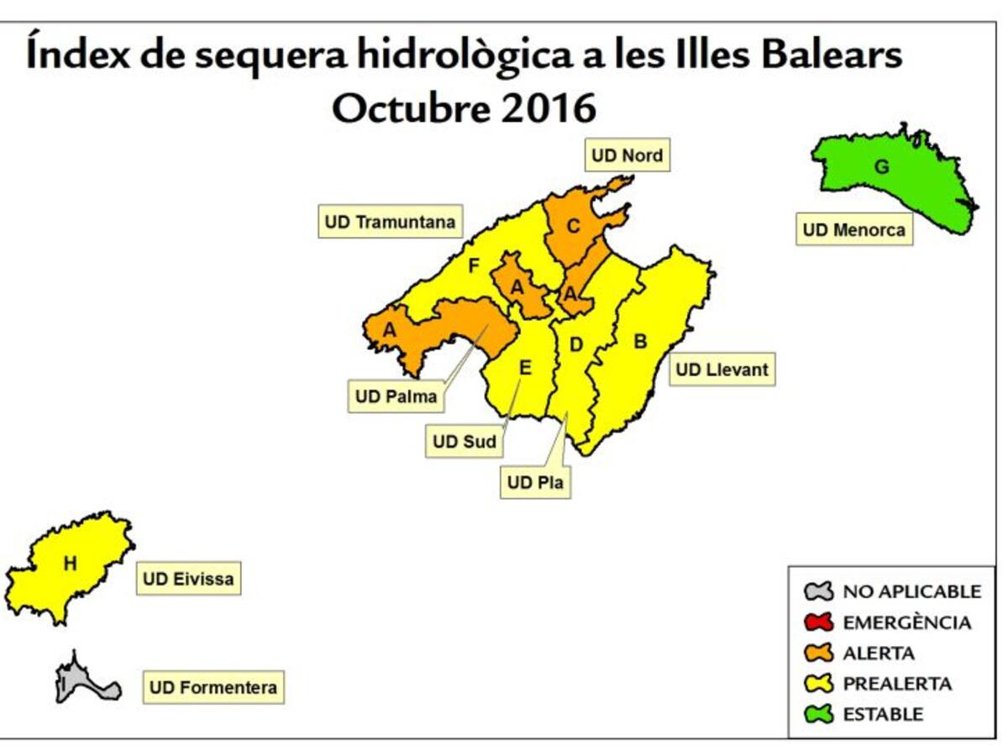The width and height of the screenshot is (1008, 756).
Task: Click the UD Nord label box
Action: pos(627,155)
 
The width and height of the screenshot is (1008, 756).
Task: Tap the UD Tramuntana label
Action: pos(390,222)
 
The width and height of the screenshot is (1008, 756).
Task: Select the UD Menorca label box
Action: pos(853,229)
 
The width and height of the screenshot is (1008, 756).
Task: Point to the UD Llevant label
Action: pos(722,370)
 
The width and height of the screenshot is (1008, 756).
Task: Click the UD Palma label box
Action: pos(396,396)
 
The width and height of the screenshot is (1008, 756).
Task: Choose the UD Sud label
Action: pos(465,441)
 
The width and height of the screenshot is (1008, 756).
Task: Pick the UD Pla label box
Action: pos(535,483)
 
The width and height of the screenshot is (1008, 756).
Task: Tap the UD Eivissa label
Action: pos(188,579)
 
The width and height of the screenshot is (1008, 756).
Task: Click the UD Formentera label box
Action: pos(213,688)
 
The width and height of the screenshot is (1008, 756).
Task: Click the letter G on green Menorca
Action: pos(881,166)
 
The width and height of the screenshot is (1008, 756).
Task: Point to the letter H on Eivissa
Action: pos(70,564)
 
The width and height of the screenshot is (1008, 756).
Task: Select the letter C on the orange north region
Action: pos(574,226)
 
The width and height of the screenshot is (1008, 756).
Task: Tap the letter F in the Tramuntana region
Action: pos(473,266)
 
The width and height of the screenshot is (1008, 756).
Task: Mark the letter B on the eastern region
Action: pos(640,342)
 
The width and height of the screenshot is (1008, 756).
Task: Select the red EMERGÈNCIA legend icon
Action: pos(818,622)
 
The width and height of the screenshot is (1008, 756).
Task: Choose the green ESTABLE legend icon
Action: pos(818,714)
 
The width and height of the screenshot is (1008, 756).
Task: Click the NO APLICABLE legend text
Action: pos(911,591)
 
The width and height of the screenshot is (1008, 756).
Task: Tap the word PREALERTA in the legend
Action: pos(897,684)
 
